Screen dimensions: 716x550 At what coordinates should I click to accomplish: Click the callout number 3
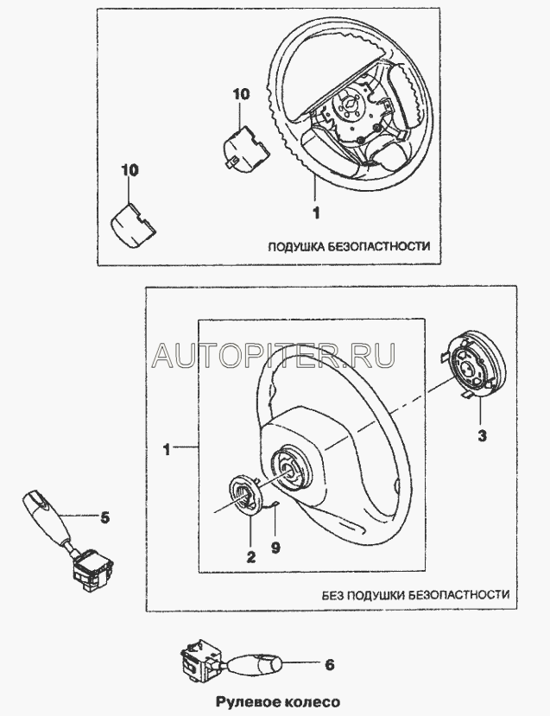point(482,437)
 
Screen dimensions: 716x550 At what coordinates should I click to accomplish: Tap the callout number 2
point(250,557)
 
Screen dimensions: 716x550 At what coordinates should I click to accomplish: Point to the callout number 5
point(104,518)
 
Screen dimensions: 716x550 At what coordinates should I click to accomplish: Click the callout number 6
point(329,664)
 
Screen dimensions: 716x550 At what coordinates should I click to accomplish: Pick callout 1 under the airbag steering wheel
point(315,210)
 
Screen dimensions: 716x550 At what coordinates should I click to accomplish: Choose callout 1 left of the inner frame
point(168,449)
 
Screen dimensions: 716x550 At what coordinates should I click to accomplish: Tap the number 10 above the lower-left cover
point(129,171)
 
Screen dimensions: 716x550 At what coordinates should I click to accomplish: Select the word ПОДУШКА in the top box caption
point(295,246)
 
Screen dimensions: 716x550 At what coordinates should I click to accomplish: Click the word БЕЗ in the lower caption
point(335,595)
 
